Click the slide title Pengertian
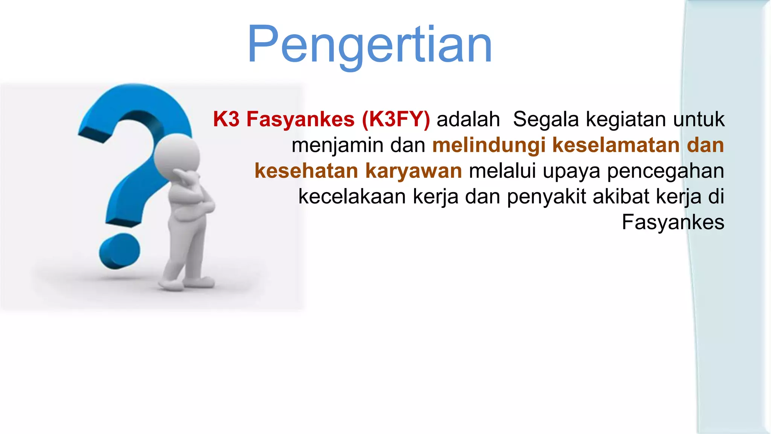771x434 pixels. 369,45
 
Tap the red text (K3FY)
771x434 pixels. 396,119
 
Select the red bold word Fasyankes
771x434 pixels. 300,119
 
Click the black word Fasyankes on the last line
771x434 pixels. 673,222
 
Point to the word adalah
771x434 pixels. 468,119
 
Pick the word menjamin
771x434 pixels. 337,145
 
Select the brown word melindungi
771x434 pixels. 489,145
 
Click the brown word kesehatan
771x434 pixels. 306,171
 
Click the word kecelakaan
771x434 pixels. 352,196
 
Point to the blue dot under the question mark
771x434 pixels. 120,251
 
